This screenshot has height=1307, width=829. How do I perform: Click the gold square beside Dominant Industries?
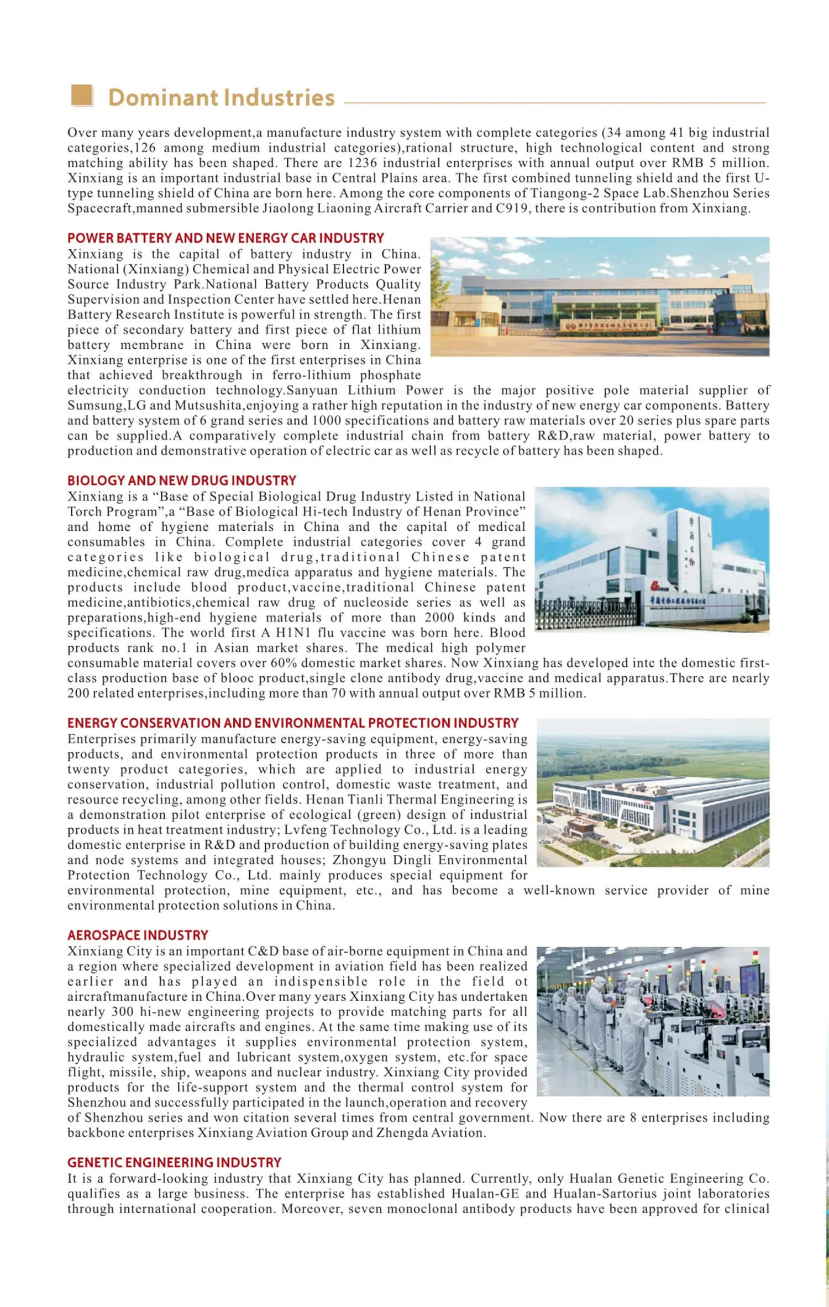pyautogui.click(x=82, y=95)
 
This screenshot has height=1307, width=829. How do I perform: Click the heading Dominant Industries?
pyautogui.click(x=221, y=98)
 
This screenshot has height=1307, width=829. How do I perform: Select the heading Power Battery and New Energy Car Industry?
pyautogui.click(x=225, y=238)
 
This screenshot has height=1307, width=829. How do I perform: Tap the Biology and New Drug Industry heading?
pyautogui.click(x=182, y=480)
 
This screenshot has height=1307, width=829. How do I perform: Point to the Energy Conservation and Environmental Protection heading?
pyautogui.click(x=293, y=723)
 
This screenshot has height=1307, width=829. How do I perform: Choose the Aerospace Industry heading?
pyautogui.click(x=138, y=935)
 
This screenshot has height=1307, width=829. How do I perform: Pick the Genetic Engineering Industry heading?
pyautogui.click(x=174, y=1162)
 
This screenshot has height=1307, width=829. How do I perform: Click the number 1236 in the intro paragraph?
pyautogui.click(x=363, y=163)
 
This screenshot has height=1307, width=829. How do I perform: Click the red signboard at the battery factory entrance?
pyautogui.click(x=607, y=325)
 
